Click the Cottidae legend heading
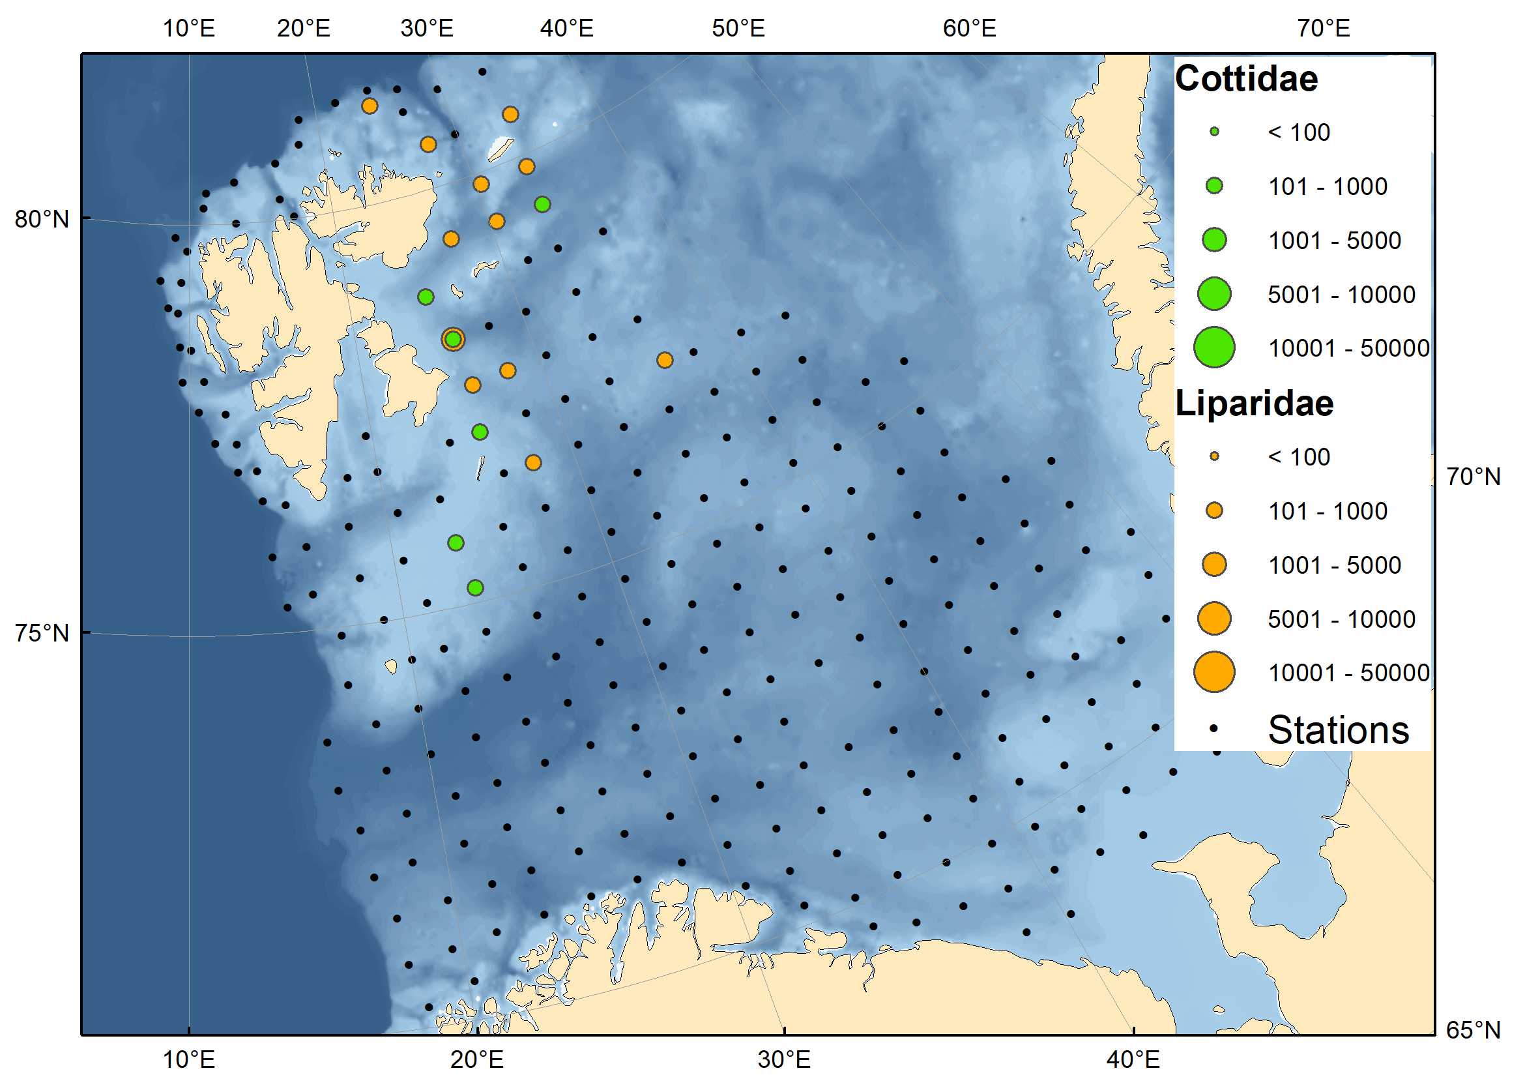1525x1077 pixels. pyautogui.click(x=1245, y=78)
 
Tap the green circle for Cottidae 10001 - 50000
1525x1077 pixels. pyautogui.click(x=1213, y=347)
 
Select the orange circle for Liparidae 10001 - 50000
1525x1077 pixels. pyautogui.click(x=1213, y=671)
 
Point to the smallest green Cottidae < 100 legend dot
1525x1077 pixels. pyautogui.click(x=1213, y=132)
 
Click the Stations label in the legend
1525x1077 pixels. pyautogui.click(x=1338, y=730)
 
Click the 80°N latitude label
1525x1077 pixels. pyautogui.click(x=41, y=218)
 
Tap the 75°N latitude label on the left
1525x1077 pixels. pyautogui.click(x=41, y=632)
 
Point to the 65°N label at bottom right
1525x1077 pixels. pyautogui.click(x=1472, y=1029)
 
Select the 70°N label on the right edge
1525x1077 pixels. pyautogui.click(x=1472, y=477)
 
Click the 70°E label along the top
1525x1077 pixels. pyautogui.click(x=1323, y=29)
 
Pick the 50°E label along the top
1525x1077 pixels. pyautogui.click(x=738, y=29)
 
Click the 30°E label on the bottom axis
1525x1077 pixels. pyautogui.click(x=784, y=1059)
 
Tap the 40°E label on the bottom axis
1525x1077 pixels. pyautogui.click(x=1133, y=1059)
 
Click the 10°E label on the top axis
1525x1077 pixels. pyautogui.click(x=188, y=29)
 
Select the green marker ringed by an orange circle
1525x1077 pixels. pyautogui.click(x=453, y=340)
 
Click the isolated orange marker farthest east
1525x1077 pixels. pyautogui.click(x=664, y=360)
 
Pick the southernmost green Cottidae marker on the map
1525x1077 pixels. pyautogui.click(x=475, y=587)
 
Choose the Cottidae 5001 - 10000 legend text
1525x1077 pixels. pyautogui.click(x=1341, y=294)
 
